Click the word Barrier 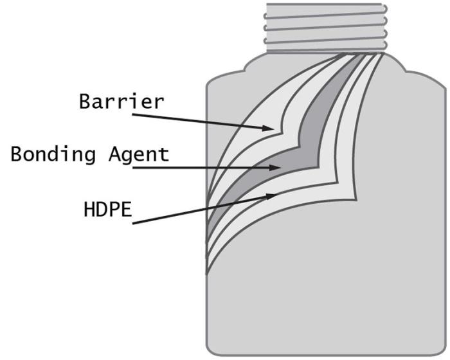click(122, 102)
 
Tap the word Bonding click(53, 154)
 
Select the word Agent click(139, 155)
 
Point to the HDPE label click(107, 209)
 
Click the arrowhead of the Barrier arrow click(268, 128)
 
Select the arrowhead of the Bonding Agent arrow click(274, 167)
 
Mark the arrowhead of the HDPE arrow click(271, 196)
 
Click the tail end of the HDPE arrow click(132, 223)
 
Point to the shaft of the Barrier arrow click(203, 122)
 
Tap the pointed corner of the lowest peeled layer click(357, 200)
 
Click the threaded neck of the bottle click(326, 28)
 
